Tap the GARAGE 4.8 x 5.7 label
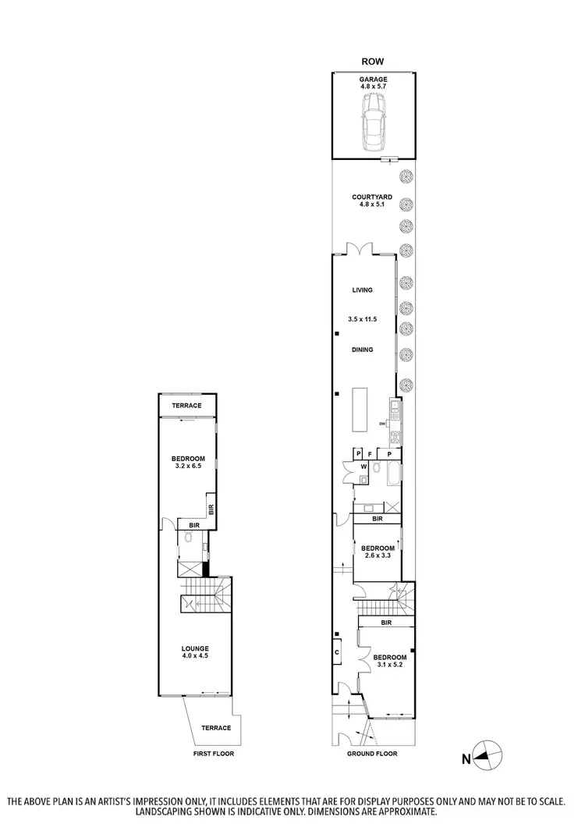[373, 83]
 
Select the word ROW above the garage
[372, 61]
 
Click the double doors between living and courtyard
[361, 249]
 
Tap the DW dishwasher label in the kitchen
[383, 424]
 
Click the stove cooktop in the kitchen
[395, 437]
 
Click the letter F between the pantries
[370, 453]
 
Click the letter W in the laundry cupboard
[363, 468]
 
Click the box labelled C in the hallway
[337, 651]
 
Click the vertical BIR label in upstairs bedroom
[211, 509]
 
